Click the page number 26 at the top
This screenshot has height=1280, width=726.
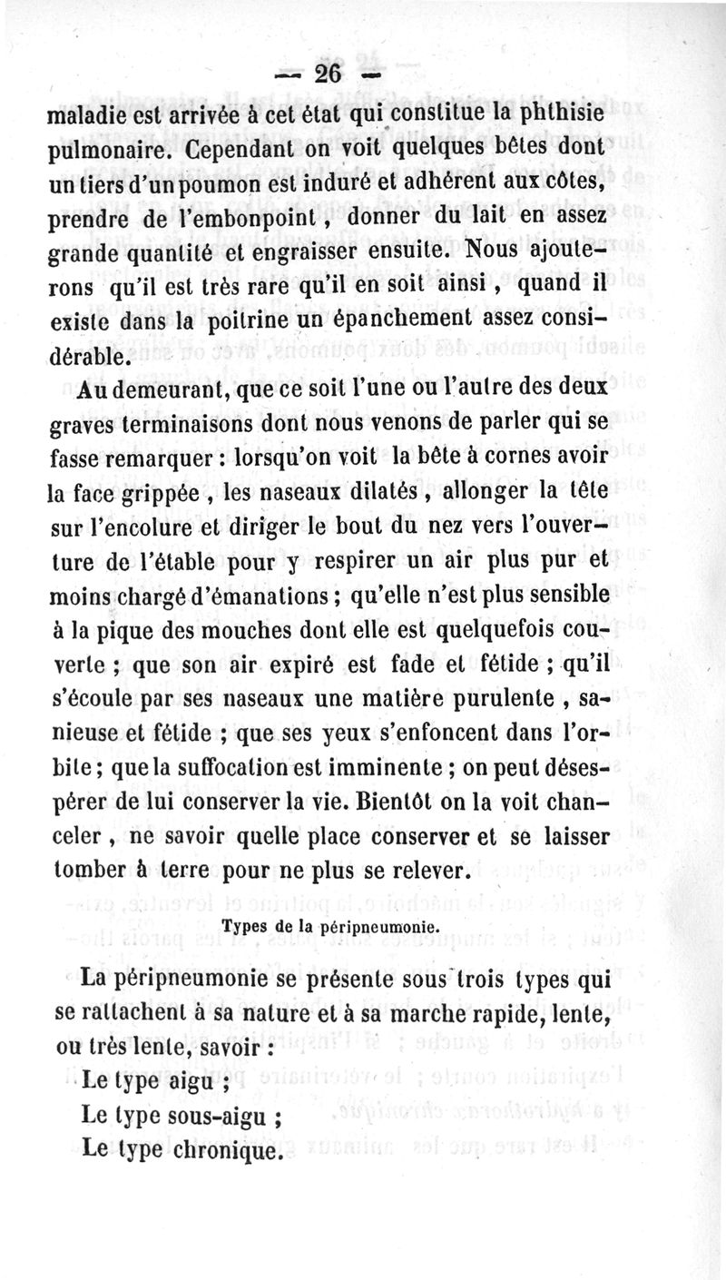[328, 73]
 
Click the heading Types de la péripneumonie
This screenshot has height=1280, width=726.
[330, 927]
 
